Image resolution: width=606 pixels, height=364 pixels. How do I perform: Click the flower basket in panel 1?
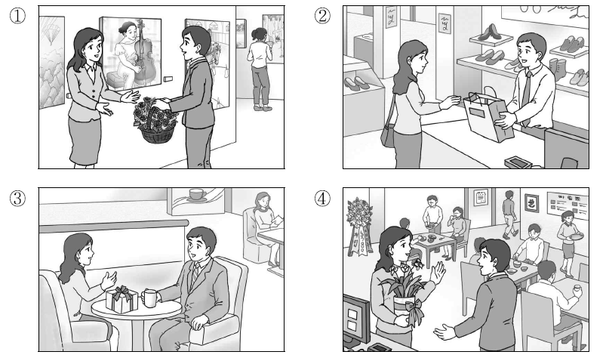pos(155,121)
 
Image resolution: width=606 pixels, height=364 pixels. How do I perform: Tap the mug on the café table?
pos(149,298)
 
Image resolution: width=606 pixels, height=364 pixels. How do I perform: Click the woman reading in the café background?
pos(264,219)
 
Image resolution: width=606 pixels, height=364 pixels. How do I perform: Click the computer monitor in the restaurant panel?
pos(355,317)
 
